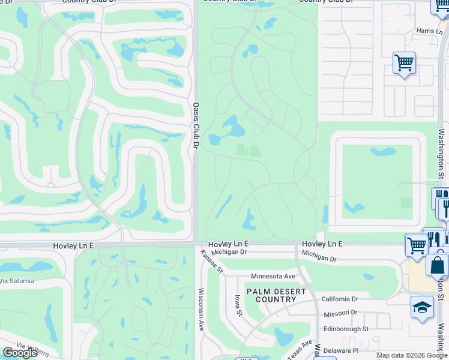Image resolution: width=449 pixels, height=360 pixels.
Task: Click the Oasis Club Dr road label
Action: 196,125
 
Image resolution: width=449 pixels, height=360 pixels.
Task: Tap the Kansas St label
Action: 211,262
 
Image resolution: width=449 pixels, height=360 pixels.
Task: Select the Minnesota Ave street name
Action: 274,276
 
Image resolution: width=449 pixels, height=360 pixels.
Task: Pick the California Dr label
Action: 339,299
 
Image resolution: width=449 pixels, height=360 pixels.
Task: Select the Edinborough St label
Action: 345,329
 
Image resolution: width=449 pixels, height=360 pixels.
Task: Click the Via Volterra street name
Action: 35,347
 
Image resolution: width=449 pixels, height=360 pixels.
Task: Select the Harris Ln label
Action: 429,31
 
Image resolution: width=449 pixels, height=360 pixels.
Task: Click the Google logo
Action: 20,352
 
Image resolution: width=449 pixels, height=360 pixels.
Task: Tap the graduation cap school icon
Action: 422,307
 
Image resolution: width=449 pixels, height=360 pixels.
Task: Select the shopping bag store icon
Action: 438,264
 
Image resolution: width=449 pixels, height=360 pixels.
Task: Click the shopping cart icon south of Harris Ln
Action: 405,62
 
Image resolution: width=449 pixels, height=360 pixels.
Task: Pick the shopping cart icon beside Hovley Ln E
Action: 416,244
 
